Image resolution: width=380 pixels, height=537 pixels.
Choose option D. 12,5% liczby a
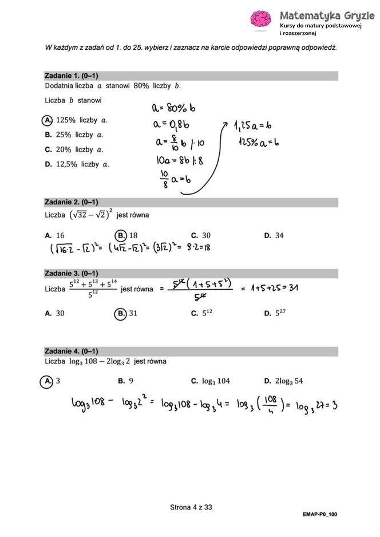click(77, 164)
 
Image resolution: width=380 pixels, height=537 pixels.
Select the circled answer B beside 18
click(120, 235)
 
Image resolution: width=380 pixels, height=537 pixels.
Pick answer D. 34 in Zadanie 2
click(274, 235)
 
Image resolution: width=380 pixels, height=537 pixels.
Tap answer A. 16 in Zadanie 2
click(55, 235)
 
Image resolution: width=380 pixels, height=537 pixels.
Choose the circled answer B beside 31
click(120, 313)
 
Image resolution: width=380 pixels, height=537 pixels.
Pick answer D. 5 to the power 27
click(275, 313)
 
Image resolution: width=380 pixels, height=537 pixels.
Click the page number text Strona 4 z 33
click(191, 507)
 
